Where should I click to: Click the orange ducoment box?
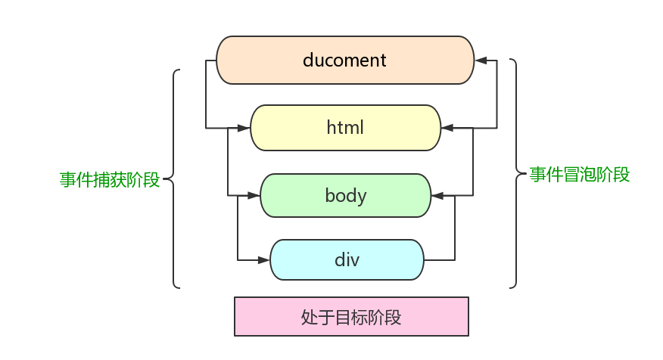345,60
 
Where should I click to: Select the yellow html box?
345,128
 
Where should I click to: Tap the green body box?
345,196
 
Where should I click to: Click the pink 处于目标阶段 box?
351,316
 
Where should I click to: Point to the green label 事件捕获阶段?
110,180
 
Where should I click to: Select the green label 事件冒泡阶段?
580,175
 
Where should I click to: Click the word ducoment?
345,60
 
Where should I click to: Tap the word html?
345,128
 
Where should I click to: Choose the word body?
345,196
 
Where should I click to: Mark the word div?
347,260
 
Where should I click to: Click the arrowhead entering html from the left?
244,128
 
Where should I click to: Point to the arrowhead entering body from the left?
254,196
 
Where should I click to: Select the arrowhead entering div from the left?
264,260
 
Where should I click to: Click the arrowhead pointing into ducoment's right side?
481,60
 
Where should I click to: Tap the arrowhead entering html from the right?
448,128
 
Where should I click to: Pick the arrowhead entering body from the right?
437,196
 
